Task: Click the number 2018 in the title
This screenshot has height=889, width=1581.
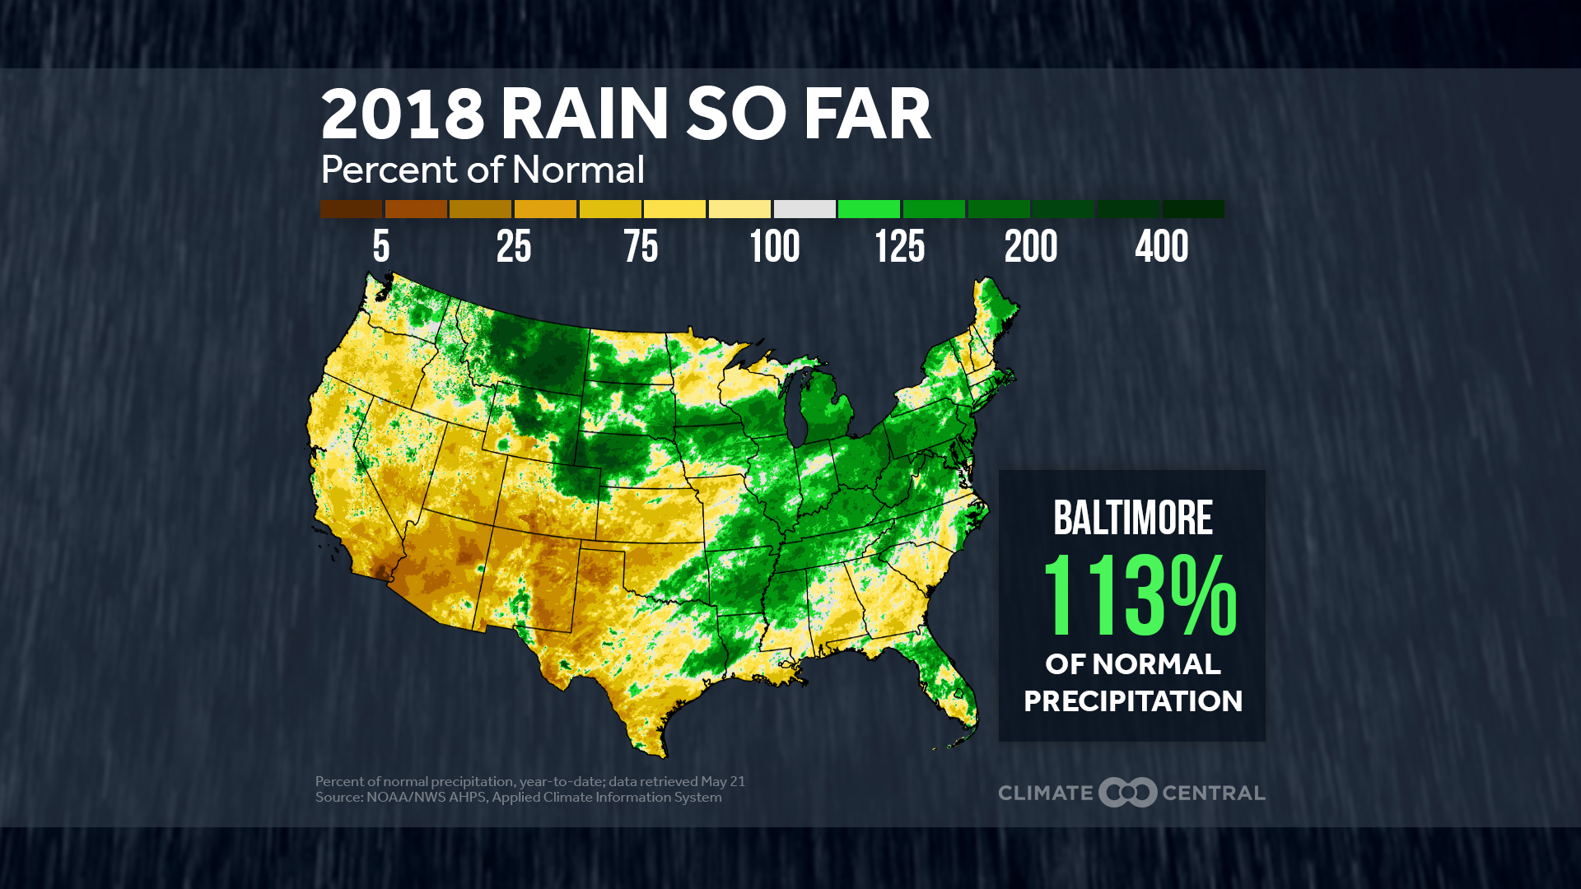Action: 402,114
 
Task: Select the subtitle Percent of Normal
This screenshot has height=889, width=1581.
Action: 482,170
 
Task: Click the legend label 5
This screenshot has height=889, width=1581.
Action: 380,246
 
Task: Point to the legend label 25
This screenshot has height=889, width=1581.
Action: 514,246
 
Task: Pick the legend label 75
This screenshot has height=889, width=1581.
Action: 641,246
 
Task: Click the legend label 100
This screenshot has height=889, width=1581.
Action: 774,246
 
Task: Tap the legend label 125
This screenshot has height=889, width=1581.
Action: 899,246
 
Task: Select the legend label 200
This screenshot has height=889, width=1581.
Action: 1030,246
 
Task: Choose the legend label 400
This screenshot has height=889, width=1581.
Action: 1161,246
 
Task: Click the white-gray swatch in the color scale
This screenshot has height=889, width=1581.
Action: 804,209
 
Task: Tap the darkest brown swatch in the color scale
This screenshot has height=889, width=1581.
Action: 351,209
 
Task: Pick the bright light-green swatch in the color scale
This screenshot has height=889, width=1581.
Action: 869,209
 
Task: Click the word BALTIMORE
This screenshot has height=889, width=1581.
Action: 1132,518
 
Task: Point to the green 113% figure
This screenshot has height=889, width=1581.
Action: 1139,594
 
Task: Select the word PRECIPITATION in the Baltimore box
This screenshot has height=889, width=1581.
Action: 1132,701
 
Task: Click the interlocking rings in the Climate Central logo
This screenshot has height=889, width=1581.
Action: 1128,792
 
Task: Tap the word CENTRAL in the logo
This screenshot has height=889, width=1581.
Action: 1213,793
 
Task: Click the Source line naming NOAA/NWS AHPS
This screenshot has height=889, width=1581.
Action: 518,797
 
